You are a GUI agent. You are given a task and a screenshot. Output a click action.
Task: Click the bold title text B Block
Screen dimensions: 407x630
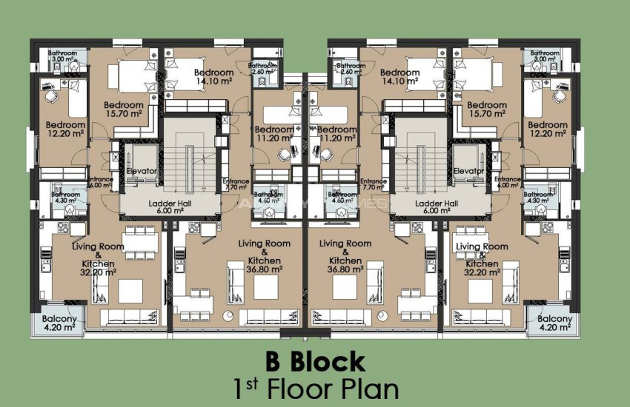point(315,362)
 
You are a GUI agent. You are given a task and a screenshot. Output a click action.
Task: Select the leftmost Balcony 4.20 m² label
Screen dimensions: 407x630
point(58,323)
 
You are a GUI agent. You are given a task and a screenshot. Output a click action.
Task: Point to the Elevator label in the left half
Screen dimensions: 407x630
point(141,171)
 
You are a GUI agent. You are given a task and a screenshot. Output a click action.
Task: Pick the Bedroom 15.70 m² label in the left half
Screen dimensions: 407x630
point(124,110)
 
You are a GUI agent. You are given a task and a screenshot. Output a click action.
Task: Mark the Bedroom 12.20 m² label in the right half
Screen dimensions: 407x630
point(547,129)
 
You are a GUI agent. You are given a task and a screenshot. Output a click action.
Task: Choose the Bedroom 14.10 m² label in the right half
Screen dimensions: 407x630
point(400,78)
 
